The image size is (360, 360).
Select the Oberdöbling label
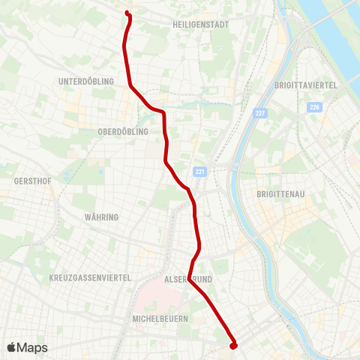[x=124, y=131]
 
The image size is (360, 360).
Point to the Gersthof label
[x=32, y=181]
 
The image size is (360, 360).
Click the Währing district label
[x=102, y=217]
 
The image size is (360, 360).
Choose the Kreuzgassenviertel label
[x=90, y=277]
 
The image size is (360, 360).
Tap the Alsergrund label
[x=190, y=278]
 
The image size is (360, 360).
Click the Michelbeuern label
[x=159, y=319]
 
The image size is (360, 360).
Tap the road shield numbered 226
[x=313, y=107]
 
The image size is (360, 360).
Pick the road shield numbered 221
[x=199, y=171]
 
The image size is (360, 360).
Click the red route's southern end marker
[x=233, y=345]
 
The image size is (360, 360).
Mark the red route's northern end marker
[x=128, y=13]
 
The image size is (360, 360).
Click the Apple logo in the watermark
[x=12, y=347]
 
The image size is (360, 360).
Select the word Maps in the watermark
[x=33, y=348]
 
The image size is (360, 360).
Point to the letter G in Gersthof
[x=16, y=181]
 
